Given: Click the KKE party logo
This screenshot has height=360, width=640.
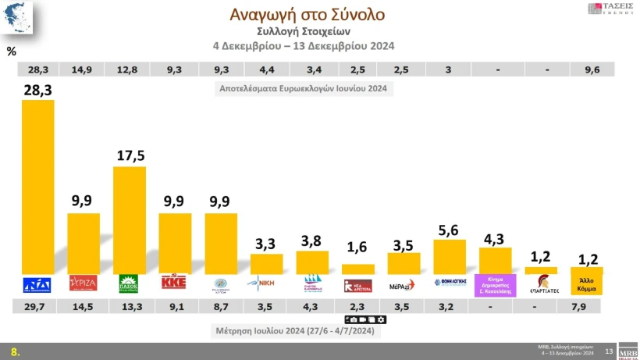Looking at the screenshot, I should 175,283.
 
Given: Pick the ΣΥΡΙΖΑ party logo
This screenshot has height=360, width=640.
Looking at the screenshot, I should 84,283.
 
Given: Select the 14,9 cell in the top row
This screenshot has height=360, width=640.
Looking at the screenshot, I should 84,70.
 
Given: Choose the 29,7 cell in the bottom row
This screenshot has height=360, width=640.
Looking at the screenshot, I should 38,307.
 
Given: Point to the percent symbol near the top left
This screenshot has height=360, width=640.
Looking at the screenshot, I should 11,52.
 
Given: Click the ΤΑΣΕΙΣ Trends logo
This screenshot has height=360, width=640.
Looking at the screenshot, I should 609,10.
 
